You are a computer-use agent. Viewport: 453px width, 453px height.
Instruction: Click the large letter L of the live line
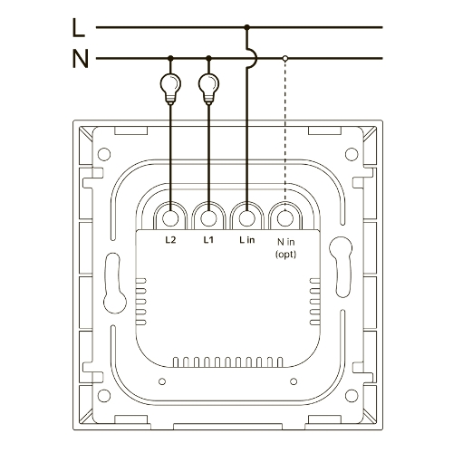pos(79,28)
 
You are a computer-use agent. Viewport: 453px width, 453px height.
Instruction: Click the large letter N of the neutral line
pos(80,59)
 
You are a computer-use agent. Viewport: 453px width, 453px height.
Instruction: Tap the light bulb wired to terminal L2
pos(170,88)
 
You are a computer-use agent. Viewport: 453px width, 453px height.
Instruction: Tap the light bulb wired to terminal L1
pos(208,88)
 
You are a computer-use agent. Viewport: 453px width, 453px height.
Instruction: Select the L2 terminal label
pos(170,240)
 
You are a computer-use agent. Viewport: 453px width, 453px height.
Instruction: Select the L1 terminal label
pos(208,240)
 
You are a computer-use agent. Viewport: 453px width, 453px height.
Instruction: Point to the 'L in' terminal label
pos(247,240)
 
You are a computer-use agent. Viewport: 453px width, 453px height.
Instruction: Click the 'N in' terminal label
pos(285,242)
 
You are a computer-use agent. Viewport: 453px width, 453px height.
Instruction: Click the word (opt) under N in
pos(285,255)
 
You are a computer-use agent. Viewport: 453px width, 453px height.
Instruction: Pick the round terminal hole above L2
pos(170,217)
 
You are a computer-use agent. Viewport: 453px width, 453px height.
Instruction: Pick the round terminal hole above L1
pos(208,217)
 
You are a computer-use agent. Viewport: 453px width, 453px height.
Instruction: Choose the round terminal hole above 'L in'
pos(247,217)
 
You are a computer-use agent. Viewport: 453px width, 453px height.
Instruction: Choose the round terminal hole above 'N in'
pos(285,217)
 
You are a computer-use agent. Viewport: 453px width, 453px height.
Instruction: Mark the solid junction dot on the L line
pos(247,27)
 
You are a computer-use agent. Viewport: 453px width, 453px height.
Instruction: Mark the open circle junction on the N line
pos(285,58)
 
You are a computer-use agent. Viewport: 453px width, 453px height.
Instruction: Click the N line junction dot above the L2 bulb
pos(170,58)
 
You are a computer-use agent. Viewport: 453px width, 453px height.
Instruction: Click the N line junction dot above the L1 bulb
pos(208,58)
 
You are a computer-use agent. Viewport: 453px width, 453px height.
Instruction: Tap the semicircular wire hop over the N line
pos(256,57)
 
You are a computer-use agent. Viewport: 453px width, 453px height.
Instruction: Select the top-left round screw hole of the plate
pos(104,154)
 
